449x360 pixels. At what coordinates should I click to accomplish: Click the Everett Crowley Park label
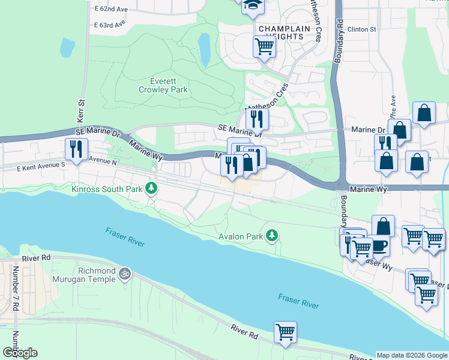coord(163,85)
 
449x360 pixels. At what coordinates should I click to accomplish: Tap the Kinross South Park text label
coord(107,189)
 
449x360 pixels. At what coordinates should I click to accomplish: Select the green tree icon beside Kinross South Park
coord(152,189)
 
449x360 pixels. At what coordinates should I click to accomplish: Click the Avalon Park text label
coord(241,236)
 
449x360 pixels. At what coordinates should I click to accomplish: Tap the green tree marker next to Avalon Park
coord(273,236)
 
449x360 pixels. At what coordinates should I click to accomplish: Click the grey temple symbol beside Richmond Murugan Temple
coord(125,274)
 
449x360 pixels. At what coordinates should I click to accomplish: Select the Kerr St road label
coord(83,110)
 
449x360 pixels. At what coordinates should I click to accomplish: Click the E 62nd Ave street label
coord(111,10)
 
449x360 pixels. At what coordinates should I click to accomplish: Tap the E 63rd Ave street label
coord(110,25)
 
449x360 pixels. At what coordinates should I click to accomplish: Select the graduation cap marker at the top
coord(253,7)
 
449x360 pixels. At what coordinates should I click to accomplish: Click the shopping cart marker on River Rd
coord(285,331)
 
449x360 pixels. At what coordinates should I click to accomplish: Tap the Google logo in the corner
coord(20,353)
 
